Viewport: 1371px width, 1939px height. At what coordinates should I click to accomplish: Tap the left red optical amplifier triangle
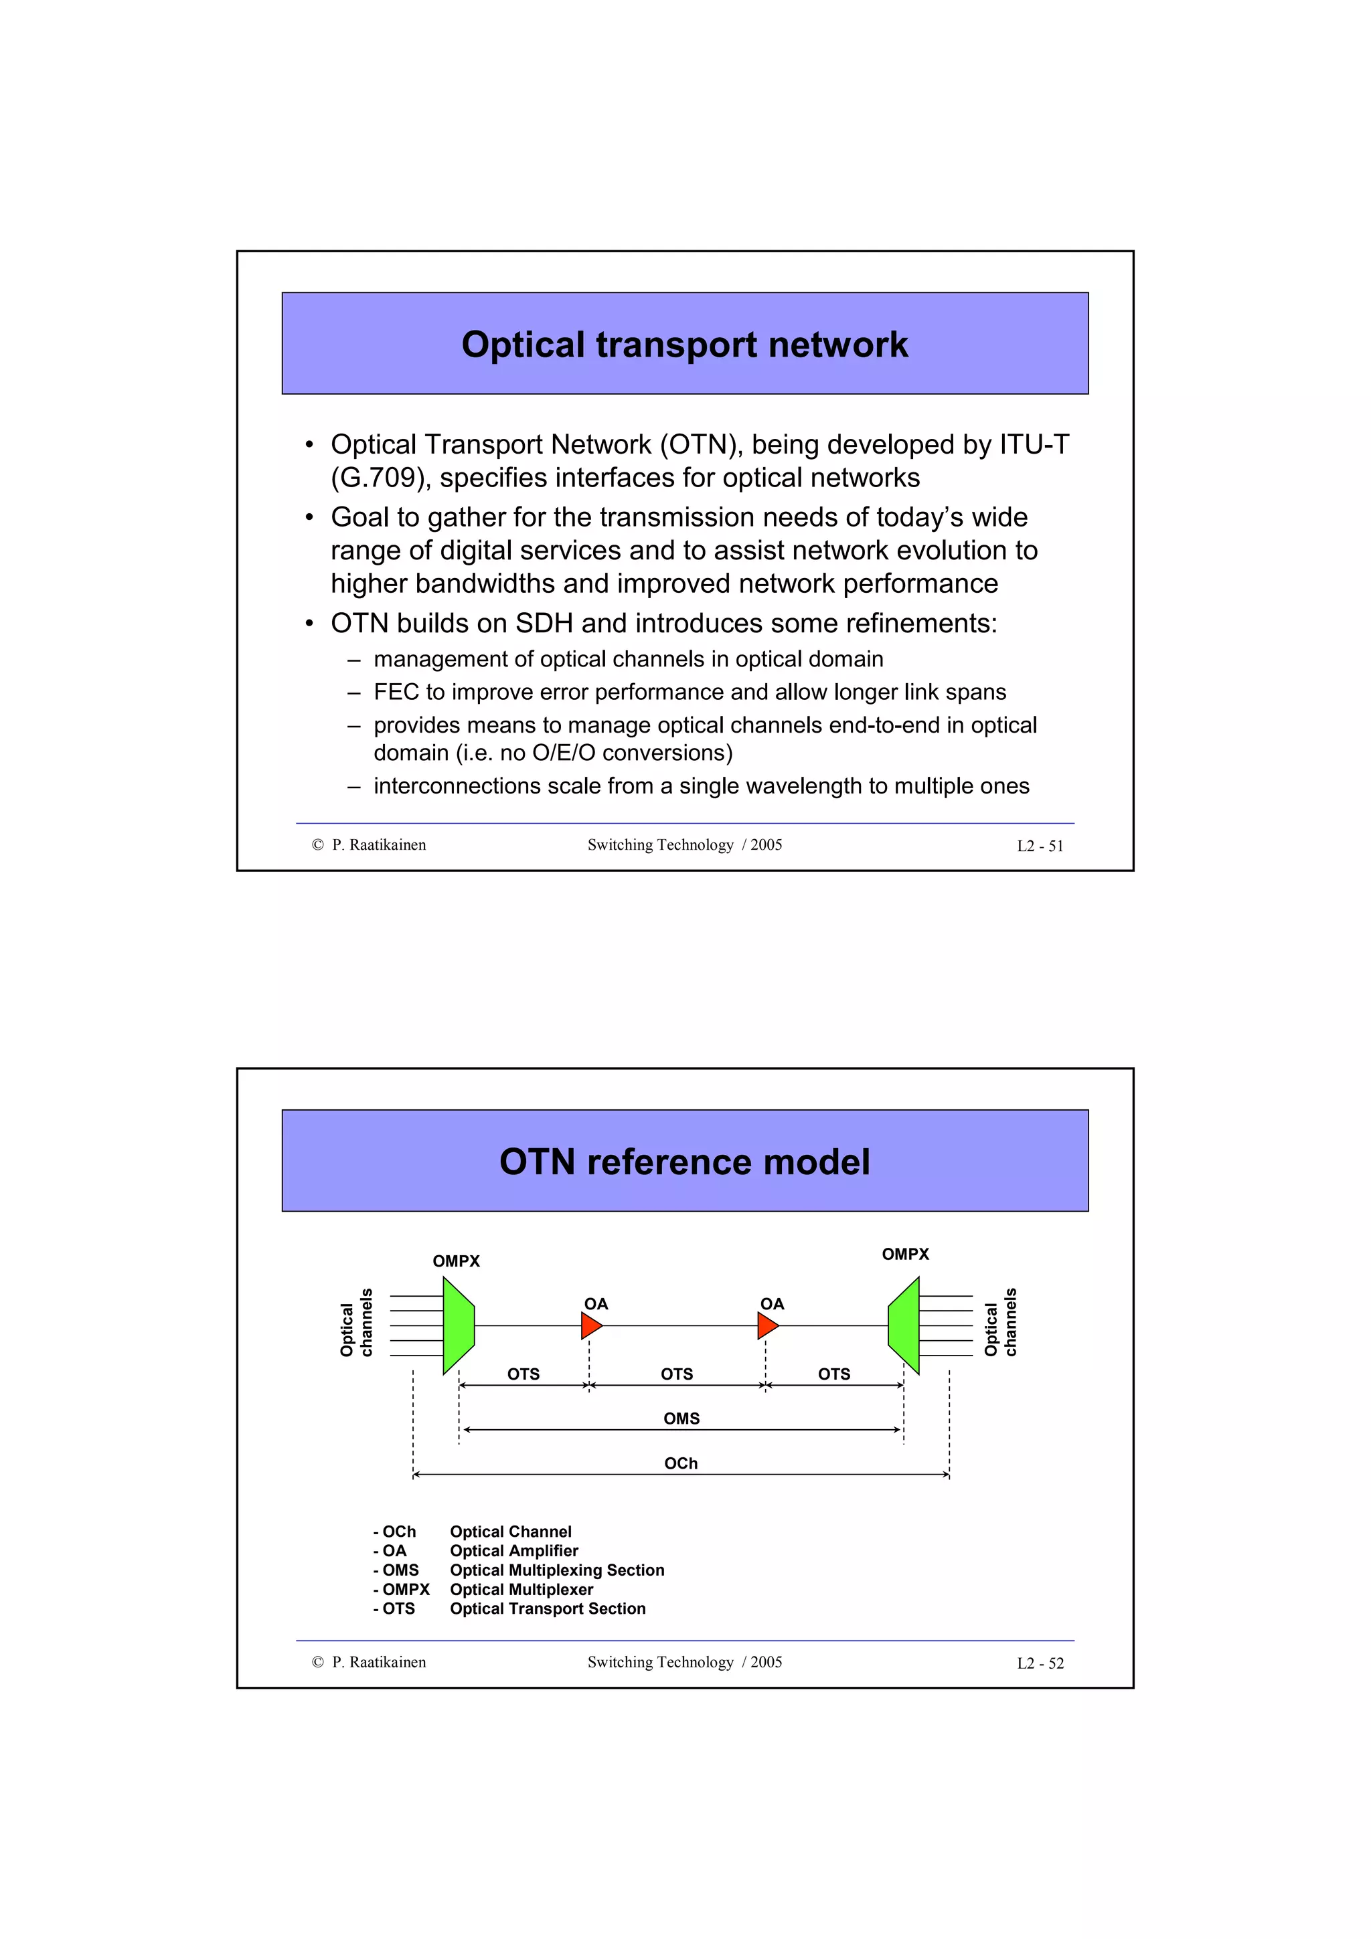click(590, 1326)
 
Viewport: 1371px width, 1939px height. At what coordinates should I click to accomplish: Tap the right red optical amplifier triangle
click(767, 1326)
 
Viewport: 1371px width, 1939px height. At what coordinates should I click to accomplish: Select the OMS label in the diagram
click(681, 1418)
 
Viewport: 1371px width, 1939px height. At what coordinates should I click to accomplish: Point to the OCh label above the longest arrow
click(681, 1463)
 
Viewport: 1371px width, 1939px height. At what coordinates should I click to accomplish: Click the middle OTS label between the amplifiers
click(677, 1374)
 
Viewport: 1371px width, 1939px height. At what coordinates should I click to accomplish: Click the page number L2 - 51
click(1040, 846)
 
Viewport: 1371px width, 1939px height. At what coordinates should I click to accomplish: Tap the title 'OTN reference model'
click(684, 1162)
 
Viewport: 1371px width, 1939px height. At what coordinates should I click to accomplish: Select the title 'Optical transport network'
click(684, 345)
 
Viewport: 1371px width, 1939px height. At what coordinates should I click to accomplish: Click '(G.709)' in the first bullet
click(381, 478)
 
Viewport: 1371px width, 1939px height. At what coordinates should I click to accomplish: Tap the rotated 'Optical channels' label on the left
click(355, 1323)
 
